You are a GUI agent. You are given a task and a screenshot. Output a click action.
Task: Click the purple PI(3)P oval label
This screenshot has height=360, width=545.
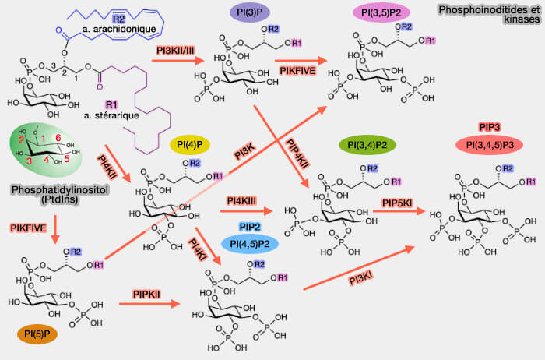[x=250, y=15]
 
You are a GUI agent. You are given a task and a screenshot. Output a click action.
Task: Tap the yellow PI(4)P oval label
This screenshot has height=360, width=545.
[x=192, y=146]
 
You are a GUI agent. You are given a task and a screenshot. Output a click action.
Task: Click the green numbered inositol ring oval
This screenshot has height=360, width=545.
[x=46, y=149]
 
